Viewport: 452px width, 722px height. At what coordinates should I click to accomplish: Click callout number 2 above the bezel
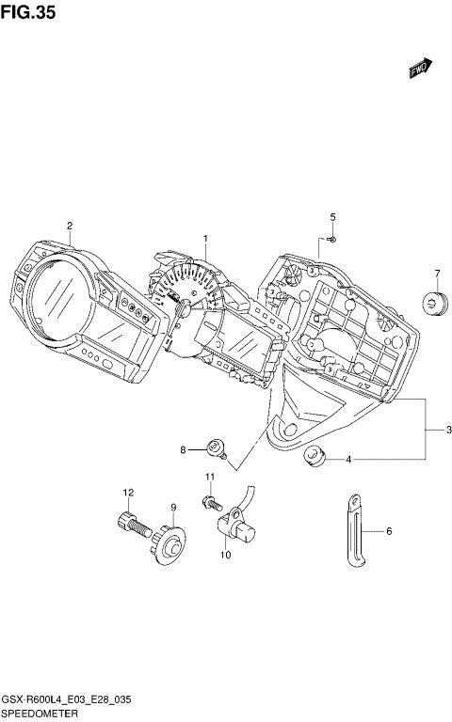[x=69, y=225]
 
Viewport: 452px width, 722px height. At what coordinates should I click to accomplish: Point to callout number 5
[x=332, y=218]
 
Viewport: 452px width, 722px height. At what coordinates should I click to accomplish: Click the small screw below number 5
[x=332, y=241]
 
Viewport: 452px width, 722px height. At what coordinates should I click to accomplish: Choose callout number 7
[x=437, y=274]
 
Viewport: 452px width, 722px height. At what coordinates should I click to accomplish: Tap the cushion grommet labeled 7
[x=434, y=303]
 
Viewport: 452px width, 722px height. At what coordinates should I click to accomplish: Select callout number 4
[x=347, y=460]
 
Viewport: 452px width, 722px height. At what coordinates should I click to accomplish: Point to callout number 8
[x=184, y=451]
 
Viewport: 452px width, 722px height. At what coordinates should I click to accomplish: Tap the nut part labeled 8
[x=216, y=449]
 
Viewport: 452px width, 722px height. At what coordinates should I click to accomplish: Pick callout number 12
[x=126, y=493]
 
